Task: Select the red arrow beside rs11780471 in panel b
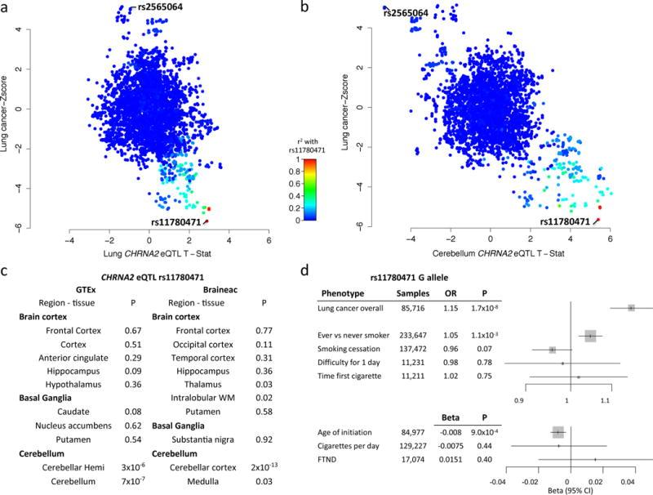(599, 221)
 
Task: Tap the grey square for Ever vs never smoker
(590, 336)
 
